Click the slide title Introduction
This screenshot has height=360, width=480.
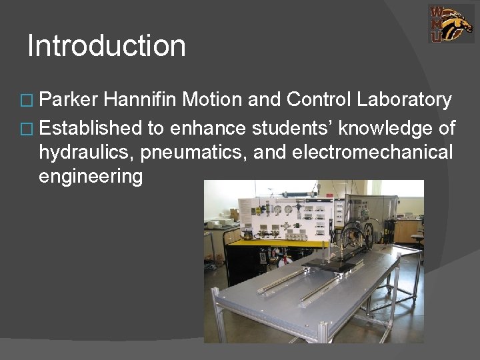[x=107, y=46]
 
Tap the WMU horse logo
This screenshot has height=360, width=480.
[x=451, y=24]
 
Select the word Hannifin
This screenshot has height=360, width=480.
[x=141, y=100]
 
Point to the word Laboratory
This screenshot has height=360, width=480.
[x=404, y=100]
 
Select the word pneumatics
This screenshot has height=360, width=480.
[x=190, y=153]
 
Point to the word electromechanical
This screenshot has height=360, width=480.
[x=372, y=151]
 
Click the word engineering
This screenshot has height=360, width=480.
[x=91, y=177]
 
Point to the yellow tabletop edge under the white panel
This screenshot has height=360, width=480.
[x=267, y=241]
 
